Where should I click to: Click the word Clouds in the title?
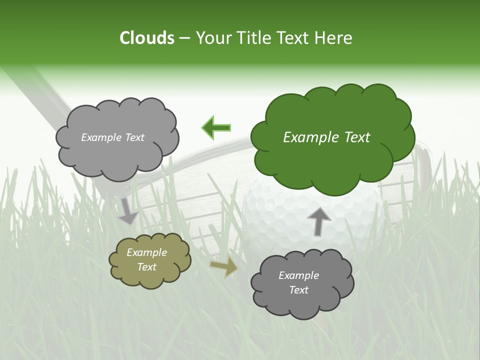click(x=146, y=38)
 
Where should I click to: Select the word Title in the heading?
click(x=254, y=38)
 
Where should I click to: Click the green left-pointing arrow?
click(x=216, y=128)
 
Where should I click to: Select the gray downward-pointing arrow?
click(x=127, y=211)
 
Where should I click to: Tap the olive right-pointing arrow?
click(x=224, y=267)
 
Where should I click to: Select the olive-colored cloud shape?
click(x=150, y=260)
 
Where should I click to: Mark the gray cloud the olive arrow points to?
click(x=302, y=283)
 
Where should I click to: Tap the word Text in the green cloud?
click(x=357, y=137)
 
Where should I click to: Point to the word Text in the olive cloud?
click(x=147, y=267)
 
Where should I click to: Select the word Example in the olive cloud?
click(x=147, y=253)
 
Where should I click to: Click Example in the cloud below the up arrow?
click(x=298, y=275)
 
